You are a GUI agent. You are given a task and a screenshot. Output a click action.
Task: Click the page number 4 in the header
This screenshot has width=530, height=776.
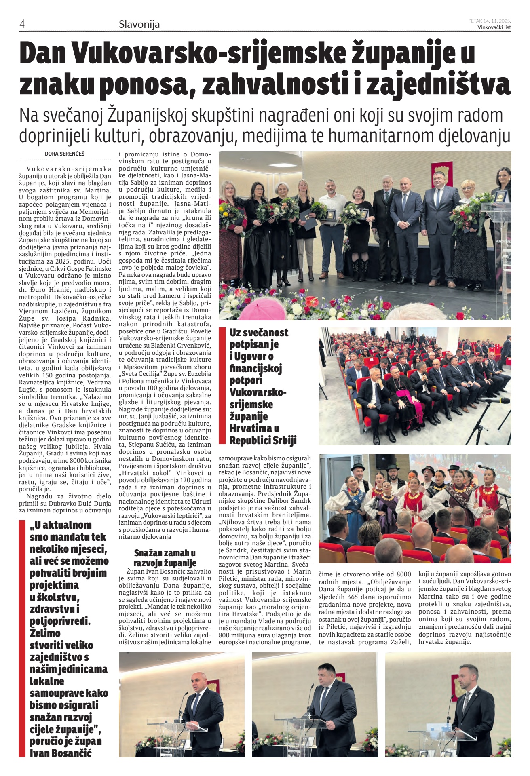point(22,24)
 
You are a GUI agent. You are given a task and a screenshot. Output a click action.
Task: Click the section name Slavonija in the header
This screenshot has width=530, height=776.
point(139,24)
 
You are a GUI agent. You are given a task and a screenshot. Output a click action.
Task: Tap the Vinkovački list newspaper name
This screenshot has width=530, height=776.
point(494,27)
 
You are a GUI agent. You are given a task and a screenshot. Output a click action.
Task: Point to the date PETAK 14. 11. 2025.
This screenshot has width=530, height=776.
point(490,21)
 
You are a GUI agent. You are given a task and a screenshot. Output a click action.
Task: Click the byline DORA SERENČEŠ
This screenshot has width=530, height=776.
point(65,154)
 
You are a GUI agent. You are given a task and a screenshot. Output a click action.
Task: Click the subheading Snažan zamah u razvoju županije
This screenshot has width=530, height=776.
point(165,558)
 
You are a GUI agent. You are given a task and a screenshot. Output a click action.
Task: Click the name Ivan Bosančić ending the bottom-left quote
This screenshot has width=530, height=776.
point(61,753)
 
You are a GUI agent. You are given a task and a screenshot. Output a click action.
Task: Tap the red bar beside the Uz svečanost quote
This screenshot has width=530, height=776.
point(222,386)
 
